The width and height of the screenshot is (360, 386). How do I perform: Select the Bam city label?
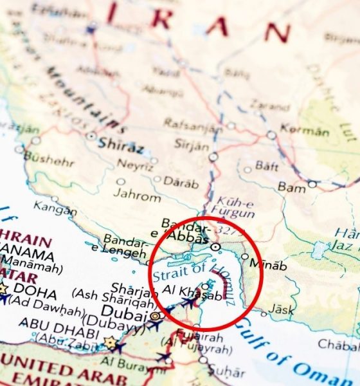pyautogui.click(x=292, y=187)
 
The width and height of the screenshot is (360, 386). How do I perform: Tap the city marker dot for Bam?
pyautogui.click(x=312, y=184)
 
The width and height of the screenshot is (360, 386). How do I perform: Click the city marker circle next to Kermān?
pyautogui.click(x=272, y=135)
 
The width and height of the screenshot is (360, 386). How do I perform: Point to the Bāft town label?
pyautogui.click(x=266, y=166)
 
